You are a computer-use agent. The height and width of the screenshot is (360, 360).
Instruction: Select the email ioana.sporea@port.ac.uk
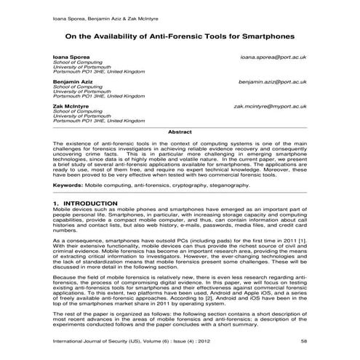[x=273, y=56]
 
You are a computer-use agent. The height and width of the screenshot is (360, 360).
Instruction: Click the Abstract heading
[x=180, y=132]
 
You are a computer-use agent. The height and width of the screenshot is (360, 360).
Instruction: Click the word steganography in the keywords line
[x=230, y=185]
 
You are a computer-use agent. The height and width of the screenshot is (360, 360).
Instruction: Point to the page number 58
[x=303, y=343]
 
